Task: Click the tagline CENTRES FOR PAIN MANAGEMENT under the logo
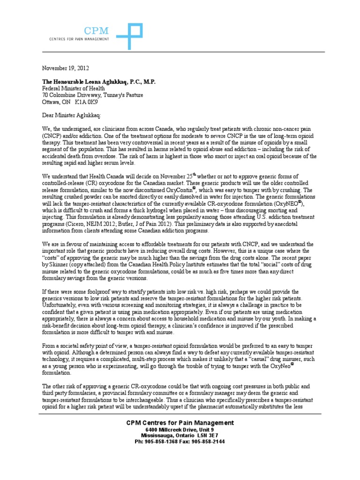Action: pos(79,39)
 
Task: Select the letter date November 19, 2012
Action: pos(66,68)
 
